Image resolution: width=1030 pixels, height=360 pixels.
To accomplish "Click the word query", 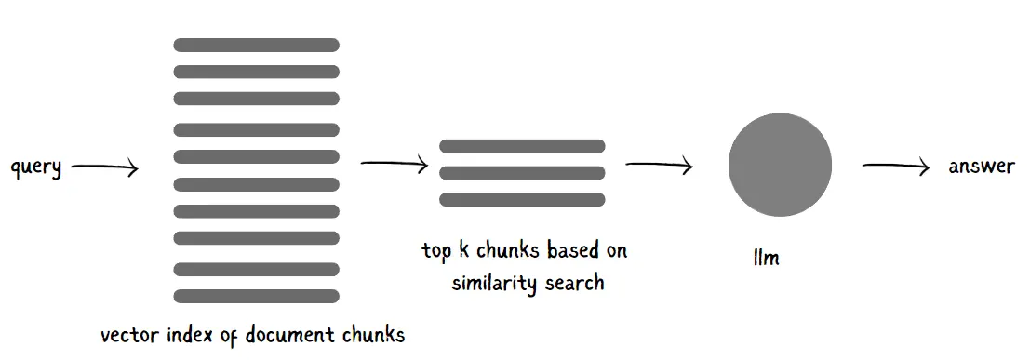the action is click(x=36, y=167).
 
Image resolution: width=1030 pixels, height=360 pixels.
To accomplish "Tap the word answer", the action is click(x=982, y=167).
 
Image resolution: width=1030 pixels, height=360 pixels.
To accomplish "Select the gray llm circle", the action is click(x=780, y=165).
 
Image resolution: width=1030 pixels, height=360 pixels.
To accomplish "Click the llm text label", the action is click(x=766, y=257).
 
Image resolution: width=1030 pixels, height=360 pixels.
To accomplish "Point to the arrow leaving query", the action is click(x=105, y=168).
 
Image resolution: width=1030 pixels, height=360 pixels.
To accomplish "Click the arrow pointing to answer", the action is click(x=896, y=167).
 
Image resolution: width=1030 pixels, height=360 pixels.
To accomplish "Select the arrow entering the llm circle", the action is click(x=659, y=165).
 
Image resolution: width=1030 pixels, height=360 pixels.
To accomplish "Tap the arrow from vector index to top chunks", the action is click(x=395, y=165).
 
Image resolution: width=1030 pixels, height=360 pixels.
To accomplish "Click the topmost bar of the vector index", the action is click(x=256, y=46).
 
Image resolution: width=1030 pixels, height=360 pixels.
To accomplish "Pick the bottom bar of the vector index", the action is click(x=256, y=296).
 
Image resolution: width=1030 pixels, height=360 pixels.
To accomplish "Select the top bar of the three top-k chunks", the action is click(x=522, y=146).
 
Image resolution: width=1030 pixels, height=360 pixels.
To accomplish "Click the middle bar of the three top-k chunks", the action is click(x=522, y=173).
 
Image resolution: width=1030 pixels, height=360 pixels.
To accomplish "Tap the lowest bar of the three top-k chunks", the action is click(x=522, y=200).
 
